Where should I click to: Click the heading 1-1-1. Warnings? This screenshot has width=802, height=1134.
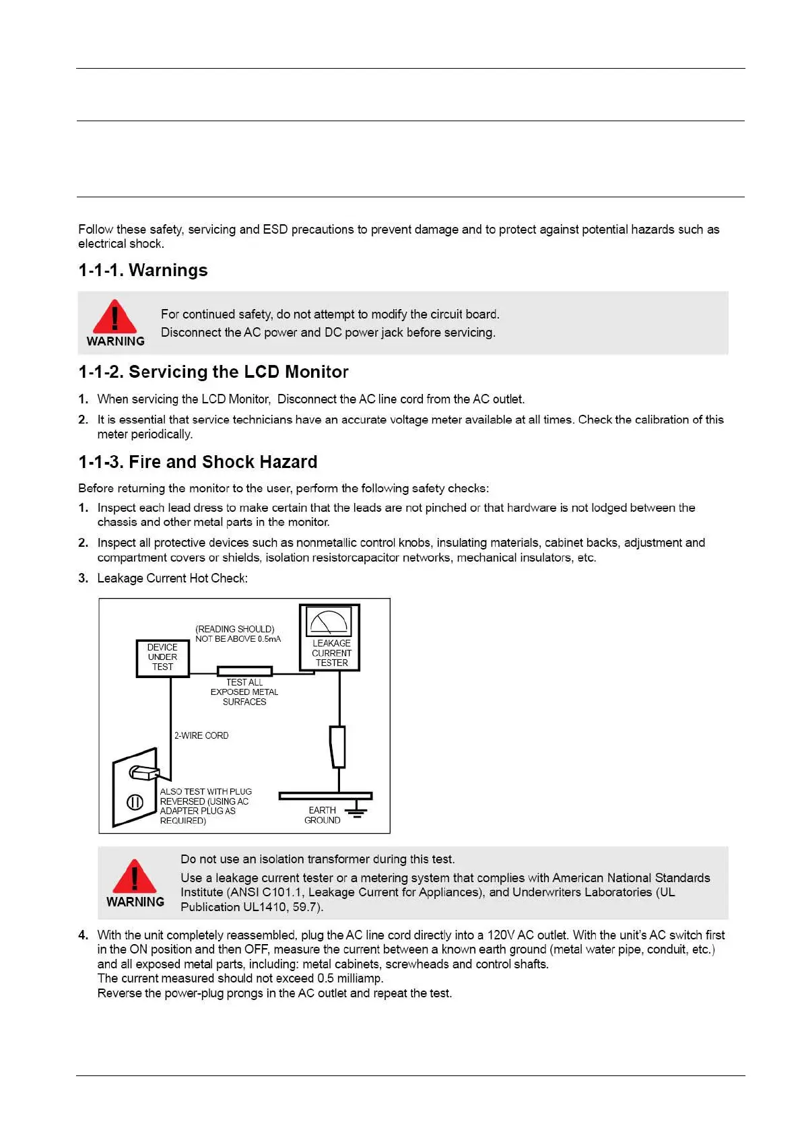tap(143, 270)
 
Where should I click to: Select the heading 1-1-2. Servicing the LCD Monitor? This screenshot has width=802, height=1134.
tap(213, 372)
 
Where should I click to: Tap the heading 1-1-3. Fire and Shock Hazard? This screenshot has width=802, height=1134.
tap(197, 462)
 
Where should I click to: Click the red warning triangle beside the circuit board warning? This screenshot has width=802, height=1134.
tap(114, 317)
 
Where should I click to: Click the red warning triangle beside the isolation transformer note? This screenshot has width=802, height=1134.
tap(135, 877)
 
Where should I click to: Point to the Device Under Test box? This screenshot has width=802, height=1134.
tap(162, 657)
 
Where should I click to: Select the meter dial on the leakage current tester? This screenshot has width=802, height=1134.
tap(329, 621)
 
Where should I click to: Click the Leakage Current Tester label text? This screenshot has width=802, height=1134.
tap(331, 653)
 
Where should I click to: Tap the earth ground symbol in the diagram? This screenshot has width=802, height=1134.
tap(356, 811)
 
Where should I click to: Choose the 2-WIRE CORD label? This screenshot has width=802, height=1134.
tap(201, 735)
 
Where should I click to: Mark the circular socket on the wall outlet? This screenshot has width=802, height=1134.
tap(135, 802)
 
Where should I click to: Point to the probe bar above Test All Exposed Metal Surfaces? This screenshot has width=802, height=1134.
tap(244, 671)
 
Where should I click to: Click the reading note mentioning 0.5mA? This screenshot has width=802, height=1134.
tap(238, 634)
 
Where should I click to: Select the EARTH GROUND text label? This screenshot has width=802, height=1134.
tap(322, 815)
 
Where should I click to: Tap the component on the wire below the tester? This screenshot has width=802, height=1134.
tap(337, 746)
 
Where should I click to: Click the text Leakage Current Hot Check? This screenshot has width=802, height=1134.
tap(172, 578)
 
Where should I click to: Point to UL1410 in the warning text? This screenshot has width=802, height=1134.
tap(260, 906)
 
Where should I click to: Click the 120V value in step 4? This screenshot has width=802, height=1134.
tap(500, 935)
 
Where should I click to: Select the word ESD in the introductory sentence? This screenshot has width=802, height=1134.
tap(275, 229)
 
